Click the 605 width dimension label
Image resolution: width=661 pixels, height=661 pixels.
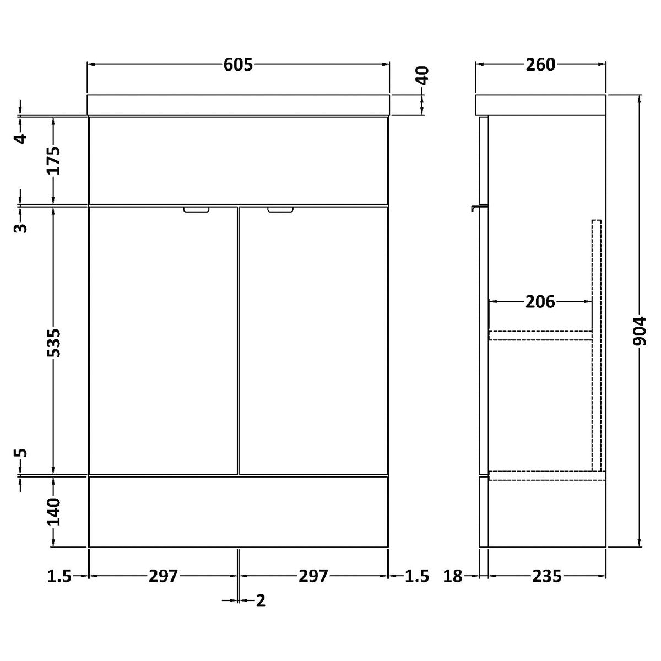[x=238, y=64]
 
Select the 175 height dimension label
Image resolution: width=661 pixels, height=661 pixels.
[x=54, y=160]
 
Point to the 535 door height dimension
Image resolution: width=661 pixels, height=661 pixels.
[x=54, y=343]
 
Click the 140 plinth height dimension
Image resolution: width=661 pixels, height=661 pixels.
[x=54, y=512]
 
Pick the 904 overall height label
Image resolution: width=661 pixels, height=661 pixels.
[x=640, y=332]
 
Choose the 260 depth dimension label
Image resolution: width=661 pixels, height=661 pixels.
[x=540, y=64]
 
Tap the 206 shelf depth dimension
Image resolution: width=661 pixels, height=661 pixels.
[x=540, y=302]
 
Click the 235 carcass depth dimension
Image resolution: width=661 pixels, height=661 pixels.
[x=547, y=576]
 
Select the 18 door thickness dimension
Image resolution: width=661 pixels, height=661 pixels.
[x=453, y=576]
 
